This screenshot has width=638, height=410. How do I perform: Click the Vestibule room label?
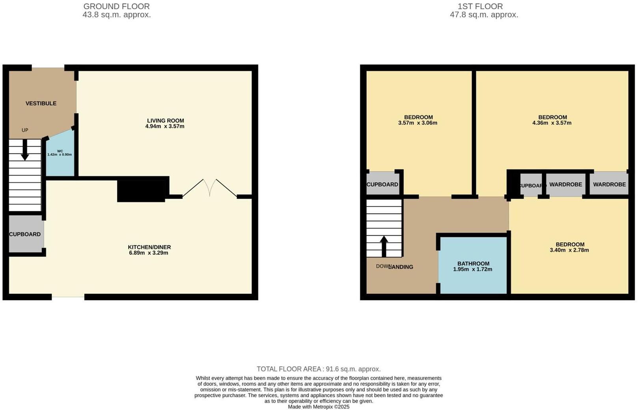41,103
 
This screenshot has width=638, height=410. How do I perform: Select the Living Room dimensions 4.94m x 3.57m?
165,127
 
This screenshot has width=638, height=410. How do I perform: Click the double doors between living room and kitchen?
209,188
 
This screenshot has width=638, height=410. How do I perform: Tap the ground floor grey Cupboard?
25,234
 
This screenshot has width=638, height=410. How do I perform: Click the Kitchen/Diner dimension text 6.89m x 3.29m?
149,253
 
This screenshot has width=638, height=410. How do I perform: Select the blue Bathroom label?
473,263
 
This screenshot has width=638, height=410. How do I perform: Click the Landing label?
401,267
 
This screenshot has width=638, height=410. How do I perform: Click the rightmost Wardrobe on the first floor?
609,184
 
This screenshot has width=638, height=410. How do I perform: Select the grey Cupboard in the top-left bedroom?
382,184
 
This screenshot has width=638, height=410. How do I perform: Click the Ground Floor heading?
116,6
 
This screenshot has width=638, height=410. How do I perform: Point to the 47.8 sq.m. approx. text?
484,15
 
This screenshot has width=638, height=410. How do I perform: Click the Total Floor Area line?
319,369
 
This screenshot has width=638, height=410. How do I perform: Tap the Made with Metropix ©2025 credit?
319,407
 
